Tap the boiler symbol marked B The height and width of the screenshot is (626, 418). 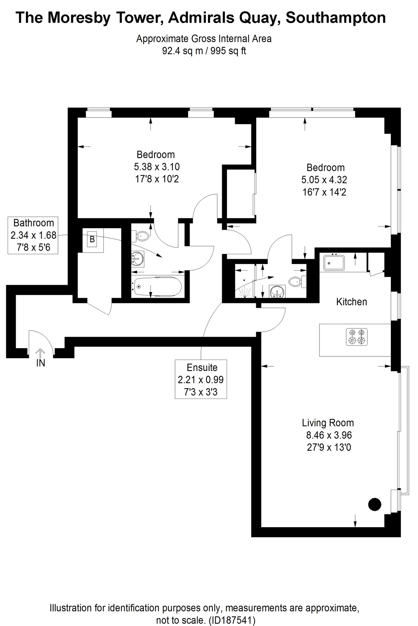click(92, 239)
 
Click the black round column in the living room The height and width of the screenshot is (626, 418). click(375, 504)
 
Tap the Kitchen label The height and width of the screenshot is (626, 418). click(351, 302)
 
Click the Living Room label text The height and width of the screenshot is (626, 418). click(328, 423)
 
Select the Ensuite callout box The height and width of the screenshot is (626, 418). click(201, 379)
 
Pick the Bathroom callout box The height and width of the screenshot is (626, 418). click(33, 235)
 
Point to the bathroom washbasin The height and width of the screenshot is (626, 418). click(138, 259)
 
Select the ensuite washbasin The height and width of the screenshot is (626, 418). click(277, 291)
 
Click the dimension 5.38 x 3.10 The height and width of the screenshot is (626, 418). click(157, 167)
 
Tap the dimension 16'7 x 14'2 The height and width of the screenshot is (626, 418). click(324, 192)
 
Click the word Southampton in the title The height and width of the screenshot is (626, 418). click(336, 18)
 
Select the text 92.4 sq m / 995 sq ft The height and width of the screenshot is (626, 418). click(204, 51)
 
